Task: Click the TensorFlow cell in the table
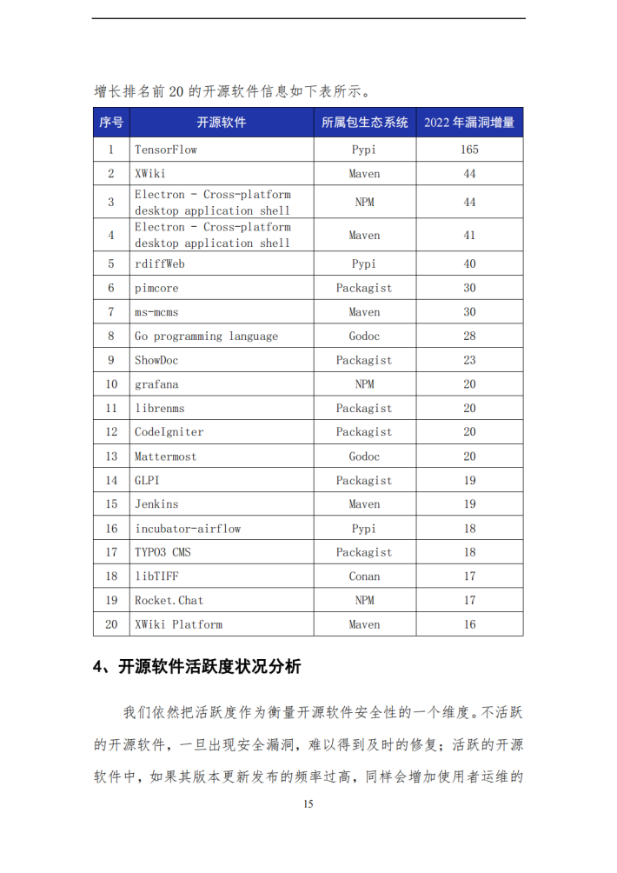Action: (x=166, y=150)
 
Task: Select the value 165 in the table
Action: (x=469, y=150)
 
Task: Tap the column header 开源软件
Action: (x=221, y=123)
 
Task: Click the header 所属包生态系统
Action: (x=364, y=123)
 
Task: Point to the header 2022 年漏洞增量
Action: (x=469, y=123)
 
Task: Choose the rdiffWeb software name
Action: (x=159, y=263)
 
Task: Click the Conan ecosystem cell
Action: (x=364, y=576)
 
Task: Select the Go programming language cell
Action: (x=206, y=336)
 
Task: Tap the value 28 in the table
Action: (x=469, y=336)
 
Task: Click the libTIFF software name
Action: (x=157, y=576)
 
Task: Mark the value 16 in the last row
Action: (x=469, y=624)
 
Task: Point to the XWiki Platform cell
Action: (x=178, y=624)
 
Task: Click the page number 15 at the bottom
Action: (x=308, y=804)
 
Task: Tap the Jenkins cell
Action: (x=156, y=504)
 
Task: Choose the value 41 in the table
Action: (x=469, y=235)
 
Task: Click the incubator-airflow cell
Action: (x=188, y=528)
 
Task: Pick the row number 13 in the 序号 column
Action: (x=111, y=456)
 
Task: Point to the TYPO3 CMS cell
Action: (x=163, y=552)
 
